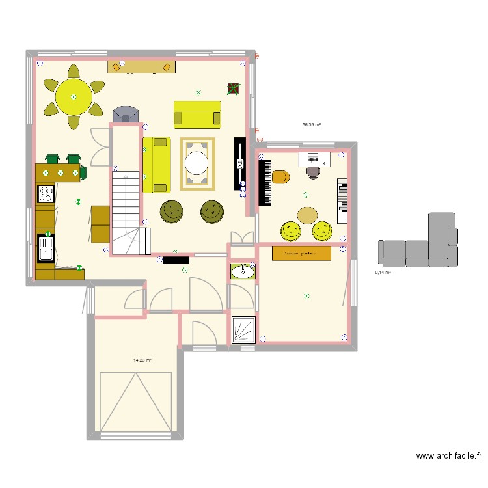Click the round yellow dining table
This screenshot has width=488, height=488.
[x=74, y=97]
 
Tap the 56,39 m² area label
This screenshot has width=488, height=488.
[x=311, y=124]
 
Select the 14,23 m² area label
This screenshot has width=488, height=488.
[x=142, y=360]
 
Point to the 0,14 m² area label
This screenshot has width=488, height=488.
[x=383, y=273]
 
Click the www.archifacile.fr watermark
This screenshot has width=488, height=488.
[x=449, y=457]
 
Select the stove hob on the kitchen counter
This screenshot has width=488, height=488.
[x=46, y=193]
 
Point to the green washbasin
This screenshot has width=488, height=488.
[x=242, y=271]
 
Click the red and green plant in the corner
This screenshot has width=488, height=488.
[x=233, y=88]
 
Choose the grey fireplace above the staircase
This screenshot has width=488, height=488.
[x=126, y=114]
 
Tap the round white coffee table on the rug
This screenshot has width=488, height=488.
[x=197, y=163]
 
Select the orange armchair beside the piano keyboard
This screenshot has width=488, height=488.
[x=280, y=177]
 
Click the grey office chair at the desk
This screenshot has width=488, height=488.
[x=314, y=172]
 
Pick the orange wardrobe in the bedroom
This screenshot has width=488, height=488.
[x=301, y=253]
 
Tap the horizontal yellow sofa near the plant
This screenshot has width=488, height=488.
[x=197, y=114]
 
